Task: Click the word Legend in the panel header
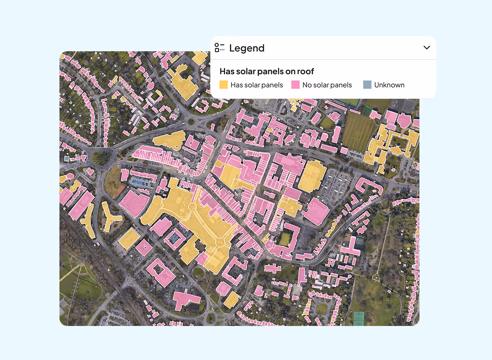[246, 48]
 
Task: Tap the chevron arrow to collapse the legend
[426, 48]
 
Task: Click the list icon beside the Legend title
[220, 48]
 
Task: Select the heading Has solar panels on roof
[266, 71]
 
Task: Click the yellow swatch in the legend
[223, 85]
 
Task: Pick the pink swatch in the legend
[295, 85]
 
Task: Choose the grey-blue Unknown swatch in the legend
[367, 85]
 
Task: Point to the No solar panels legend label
[327, 85]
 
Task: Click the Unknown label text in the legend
[389, 85]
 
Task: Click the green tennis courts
[359, 318]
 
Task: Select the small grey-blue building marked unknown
[66, 158]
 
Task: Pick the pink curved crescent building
[369, 187]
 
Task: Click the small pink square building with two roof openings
[144, 248]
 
